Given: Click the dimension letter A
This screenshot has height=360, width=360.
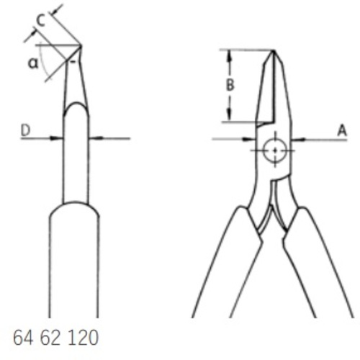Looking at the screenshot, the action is coord(342,131).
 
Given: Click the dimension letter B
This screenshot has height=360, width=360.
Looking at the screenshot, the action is coord(230,85).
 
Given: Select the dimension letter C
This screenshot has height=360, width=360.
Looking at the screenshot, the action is coord(41,20).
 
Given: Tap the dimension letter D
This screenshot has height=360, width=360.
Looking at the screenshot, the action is coord(26,130).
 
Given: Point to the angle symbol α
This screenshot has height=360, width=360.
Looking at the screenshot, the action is coord(33,63).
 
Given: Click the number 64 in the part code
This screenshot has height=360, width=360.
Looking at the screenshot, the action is coord(23,338).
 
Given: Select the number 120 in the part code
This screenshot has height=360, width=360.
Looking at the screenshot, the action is coord(84,338).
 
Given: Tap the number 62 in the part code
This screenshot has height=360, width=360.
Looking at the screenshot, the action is coord(50,338).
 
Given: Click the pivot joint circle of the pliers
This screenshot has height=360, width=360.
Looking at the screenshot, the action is coord(275,150).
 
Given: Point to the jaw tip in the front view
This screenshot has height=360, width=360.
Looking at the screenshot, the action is coord(273,50).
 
